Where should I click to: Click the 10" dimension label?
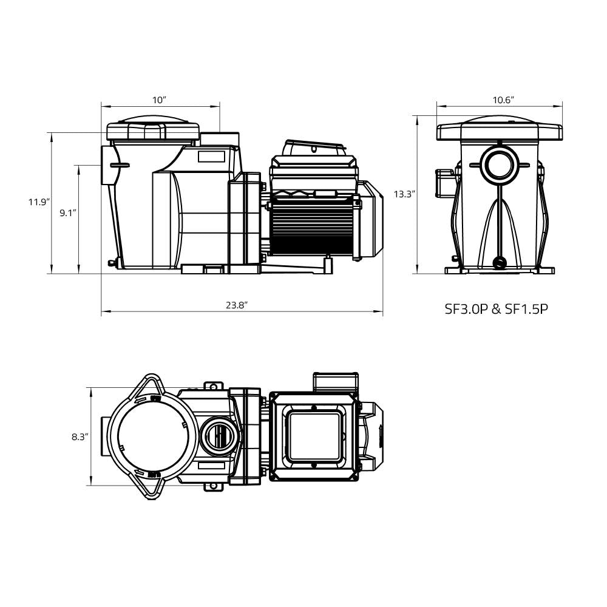click(158, 100)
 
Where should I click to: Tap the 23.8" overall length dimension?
click(237, 305)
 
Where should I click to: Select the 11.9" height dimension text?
click(39, 202)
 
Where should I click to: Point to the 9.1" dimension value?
click(68, 212)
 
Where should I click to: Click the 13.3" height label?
click(404, 194)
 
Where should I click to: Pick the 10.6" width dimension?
click(503, 100)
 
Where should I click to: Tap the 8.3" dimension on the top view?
click(80, 437)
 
